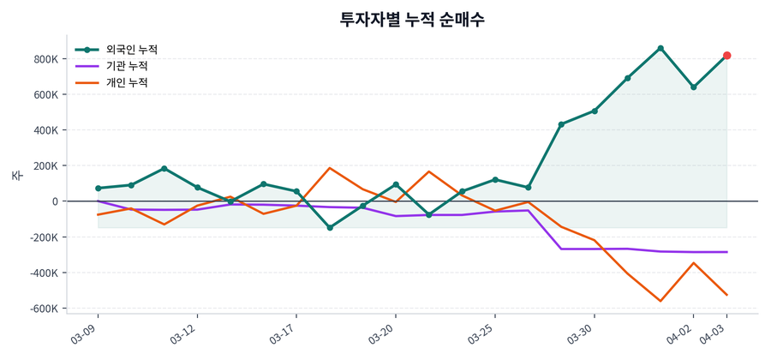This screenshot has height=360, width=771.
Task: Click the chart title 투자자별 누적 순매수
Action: click(x=413, y=19)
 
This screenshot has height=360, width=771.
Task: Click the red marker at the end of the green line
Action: click(x=726, y=56)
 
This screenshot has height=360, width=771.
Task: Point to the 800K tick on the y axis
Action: click(x=45, y=59)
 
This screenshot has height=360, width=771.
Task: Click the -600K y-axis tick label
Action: click(x=44, y=309)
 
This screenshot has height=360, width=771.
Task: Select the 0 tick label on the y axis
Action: click(x=55, y=201)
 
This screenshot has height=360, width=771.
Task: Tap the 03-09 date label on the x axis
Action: click(x=86, y=331)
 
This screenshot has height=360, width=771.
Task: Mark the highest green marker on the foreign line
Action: click(x=660, y=48)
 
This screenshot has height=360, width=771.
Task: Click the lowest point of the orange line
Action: click(x=660, y=301)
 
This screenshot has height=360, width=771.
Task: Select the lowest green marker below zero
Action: click(x=330, y=228)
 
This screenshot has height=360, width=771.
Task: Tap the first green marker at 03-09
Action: click(x=99, y=189)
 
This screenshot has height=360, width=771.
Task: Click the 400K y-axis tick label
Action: click(x=45, y=130)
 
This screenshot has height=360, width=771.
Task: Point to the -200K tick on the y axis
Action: click(x=44, y=237)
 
